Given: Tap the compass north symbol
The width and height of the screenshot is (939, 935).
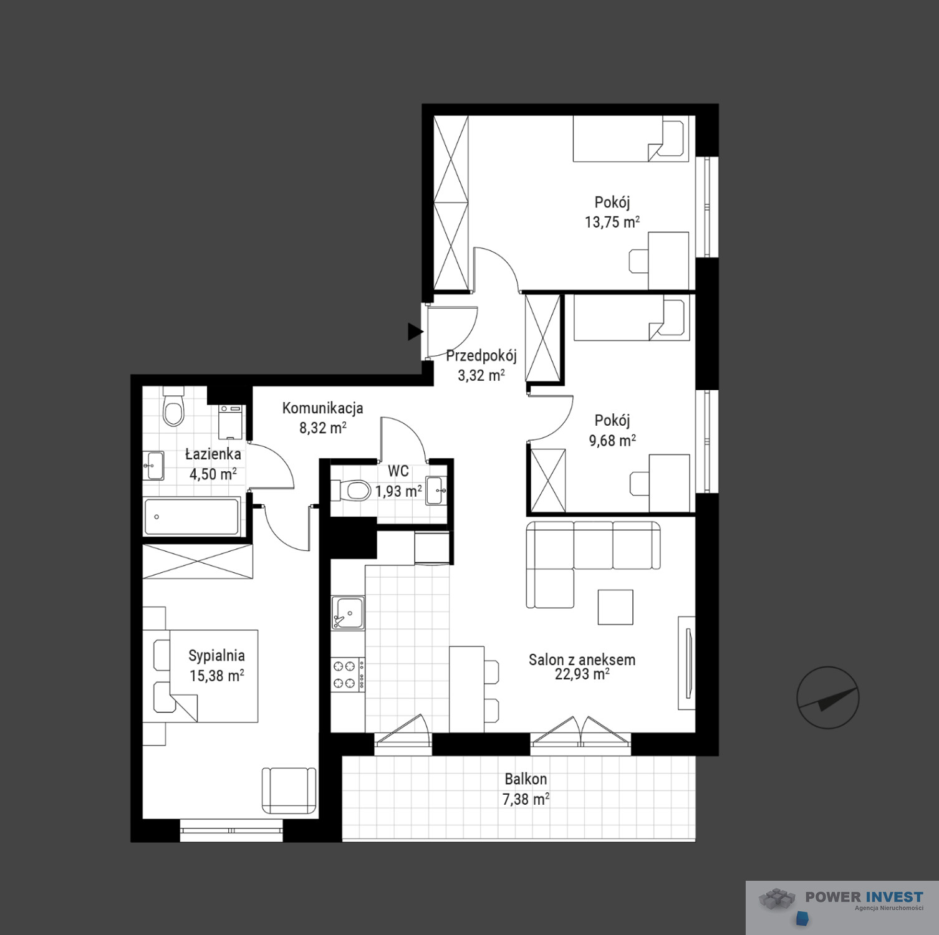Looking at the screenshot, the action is (x=827, y=698).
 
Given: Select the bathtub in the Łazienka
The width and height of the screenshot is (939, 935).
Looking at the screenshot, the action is (x=191, y=516).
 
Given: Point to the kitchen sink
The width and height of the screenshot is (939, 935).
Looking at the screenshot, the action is (x=348, y=613).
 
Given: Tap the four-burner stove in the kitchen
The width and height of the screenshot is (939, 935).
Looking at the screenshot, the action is (x=348, y=674).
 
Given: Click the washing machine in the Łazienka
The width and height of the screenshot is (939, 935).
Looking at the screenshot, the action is (x=232, y=422).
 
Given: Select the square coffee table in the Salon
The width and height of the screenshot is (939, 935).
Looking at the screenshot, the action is (x=615, y=607).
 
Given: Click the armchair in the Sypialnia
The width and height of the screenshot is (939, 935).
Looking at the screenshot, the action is (x=289, y=790).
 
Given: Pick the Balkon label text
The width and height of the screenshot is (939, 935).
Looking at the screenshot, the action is (x=526, y=779).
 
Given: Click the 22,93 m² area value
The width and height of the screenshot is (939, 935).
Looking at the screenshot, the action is (x=582, y=674).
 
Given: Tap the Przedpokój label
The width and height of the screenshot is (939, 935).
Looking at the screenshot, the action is (x=481, y=356).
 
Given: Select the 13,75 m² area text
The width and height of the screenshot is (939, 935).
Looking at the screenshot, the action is (x=612, y=222).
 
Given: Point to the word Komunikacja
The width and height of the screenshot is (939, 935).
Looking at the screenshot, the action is (x=322, y=408).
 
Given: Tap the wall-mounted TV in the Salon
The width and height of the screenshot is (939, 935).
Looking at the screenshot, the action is (x=687, y=663).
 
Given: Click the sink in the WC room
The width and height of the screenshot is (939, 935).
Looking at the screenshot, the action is (x=436, y=490).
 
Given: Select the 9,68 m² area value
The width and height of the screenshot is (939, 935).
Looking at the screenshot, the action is (x=612, y=441).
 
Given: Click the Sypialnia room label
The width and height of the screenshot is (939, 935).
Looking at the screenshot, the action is (x=216, y=656).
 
